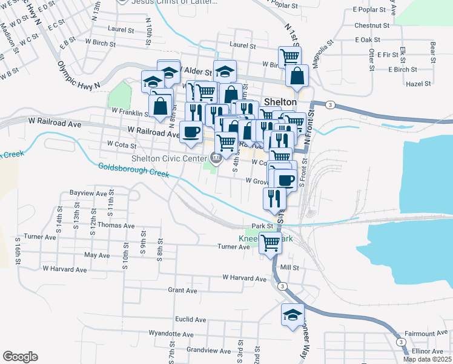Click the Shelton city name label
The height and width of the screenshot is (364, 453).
tap(280, 103)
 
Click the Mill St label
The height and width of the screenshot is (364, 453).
tap(290, 268)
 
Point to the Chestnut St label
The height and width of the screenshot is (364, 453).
tap(371, 25)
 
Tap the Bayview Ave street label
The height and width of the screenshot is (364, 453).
tap(88, 192)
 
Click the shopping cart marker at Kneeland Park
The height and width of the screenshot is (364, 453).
tap(270, 243)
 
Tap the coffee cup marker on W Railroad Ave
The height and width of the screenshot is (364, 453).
tap(191, 131)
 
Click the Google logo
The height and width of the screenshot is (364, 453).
tap(20, 357)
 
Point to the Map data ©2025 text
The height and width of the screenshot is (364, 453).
tap(427, 359)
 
